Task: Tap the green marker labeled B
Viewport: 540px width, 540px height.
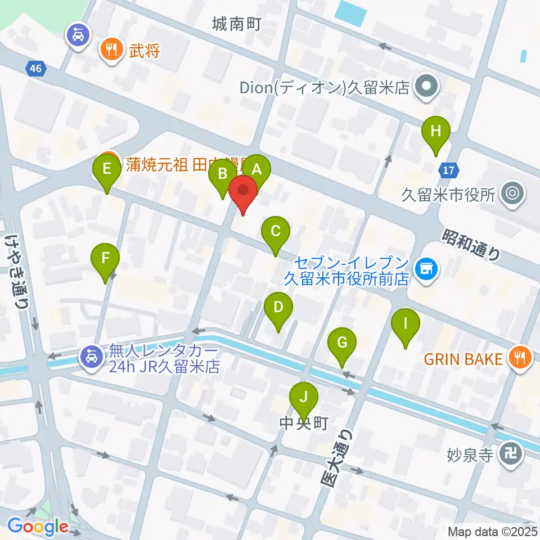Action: (x=222, y=174)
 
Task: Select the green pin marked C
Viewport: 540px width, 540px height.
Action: (x=276, y=231)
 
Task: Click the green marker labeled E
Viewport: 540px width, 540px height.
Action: (x=107, y=168)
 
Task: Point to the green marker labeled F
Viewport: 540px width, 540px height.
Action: (x=106, y=258)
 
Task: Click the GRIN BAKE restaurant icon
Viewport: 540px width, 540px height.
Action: (x=520, y=358)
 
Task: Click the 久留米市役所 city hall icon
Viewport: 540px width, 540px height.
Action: (x=512, y=194)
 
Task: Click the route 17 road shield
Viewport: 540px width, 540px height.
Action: (x=450, y=169)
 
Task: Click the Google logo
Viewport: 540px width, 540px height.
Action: (x=38, y=526)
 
